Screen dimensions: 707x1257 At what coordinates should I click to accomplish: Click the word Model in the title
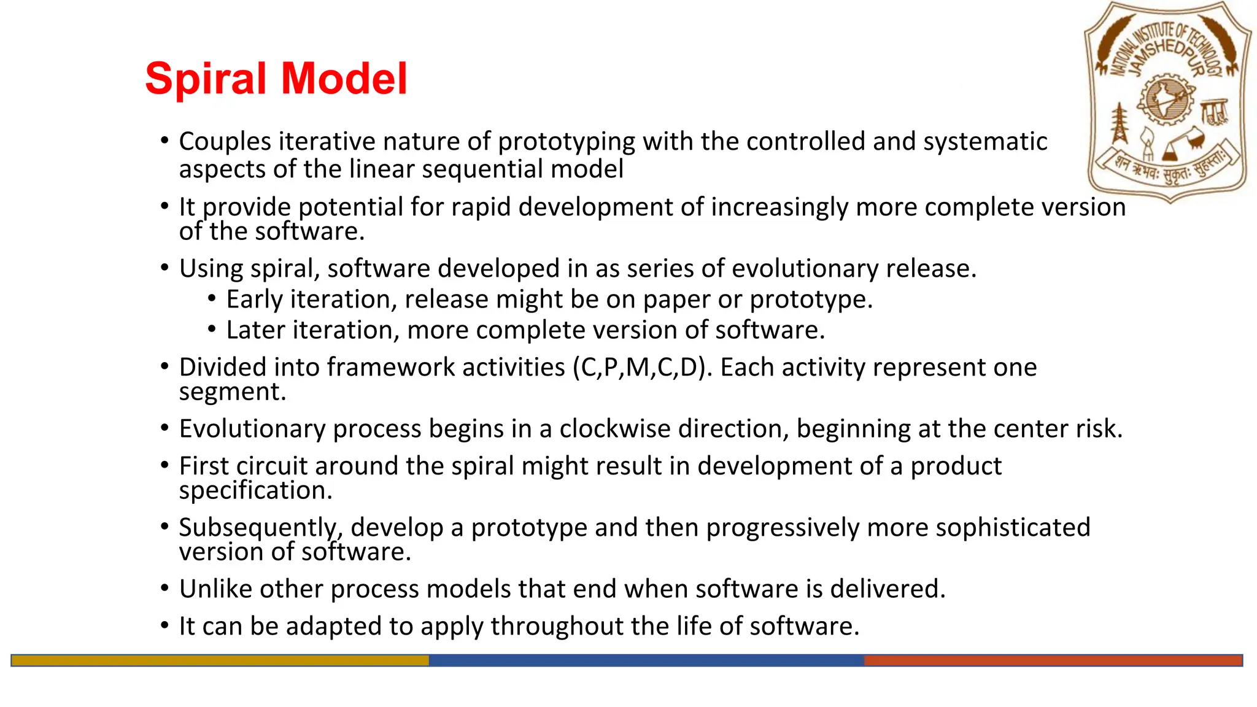pyautogui.click(x=344, y=79)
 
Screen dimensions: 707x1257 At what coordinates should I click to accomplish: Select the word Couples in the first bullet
pyautogui.click(x=225, y=142)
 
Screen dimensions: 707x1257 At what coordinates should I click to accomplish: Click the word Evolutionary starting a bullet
pyautogui.click(x=252, y=429)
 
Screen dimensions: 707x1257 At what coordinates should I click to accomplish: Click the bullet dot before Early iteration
pyautogui.click(x=212, y=299)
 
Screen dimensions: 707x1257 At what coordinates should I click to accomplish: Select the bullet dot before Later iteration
pyautogui.click(x=212, y=330)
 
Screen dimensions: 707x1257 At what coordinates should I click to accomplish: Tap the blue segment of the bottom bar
pyautogui.click(x=646, y=660)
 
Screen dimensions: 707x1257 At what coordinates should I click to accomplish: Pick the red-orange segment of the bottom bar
pyautogui.click(x=1053, y=660)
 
